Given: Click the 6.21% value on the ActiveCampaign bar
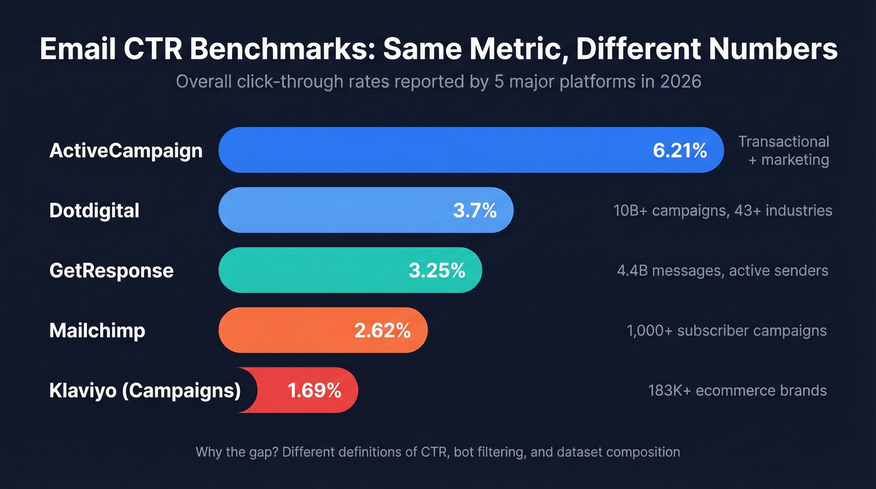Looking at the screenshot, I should pyautogui.click(x=680, y=150).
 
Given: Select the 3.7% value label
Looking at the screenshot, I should pyautogui.click(x=474, y=210).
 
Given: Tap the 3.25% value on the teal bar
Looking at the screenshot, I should pyautogui.click(x=437, y=270).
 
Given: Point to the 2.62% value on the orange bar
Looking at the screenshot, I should pyautogui.click(x=382, y=331).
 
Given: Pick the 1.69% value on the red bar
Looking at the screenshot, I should pyautogui.click(x=314, y=391).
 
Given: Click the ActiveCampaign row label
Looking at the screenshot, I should pyautogui.click(x=126, y=151).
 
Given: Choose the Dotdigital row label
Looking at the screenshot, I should pyautogui.click(x=94, y=210).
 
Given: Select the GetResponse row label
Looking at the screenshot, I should pyautogui.click(x=111, y=270).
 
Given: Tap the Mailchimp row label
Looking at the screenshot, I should pyautogui.click(x=97, y=331).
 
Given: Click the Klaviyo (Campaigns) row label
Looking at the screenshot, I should pyautogui.click(x=145, y=391).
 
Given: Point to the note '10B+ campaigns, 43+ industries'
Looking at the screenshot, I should pyautogui.click(x=723, y=210).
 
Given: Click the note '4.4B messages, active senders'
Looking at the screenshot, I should pyautogui.click(x=722, y=270).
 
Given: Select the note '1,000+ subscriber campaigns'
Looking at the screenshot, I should pyautogui.click(x=726, y=331).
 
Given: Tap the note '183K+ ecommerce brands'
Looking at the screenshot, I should pyautogui.click(x=737, y=391).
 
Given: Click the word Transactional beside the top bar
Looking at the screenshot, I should pyautogui.click(x=783, y=142).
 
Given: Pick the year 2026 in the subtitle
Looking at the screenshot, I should pyautogui.click(x=680, y=82).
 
